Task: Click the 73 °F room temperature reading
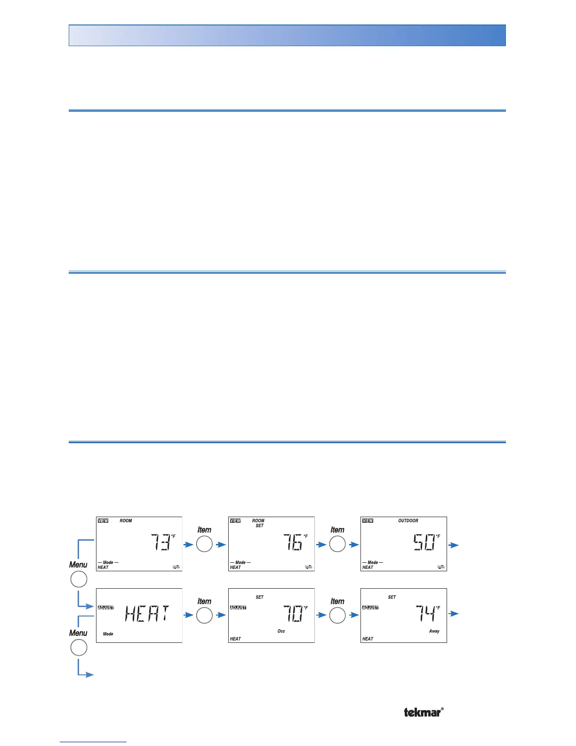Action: [x=161, y=543]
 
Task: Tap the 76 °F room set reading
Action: [x=294, y=543]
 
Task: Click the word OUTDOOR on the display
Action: [x=408, y=521]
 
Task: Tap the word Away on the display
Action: [x=434, y=631]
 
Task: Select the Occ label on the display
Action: [x=281, y=631]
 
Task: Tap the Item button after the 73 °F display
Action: [x=204, y=544]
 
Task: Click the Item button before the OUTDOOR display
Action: [x=337, y=544]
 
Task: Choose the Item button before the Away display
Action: [x=337, y=616]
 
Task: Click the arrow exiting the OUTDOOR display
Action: [x=454, y=545]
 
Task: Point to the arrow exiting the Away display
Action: [x=454, y=614]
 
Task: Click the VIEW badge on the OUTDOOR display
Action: [x=368, y=521]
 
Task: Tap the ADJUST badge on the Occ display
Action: [x=238, y=608]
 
